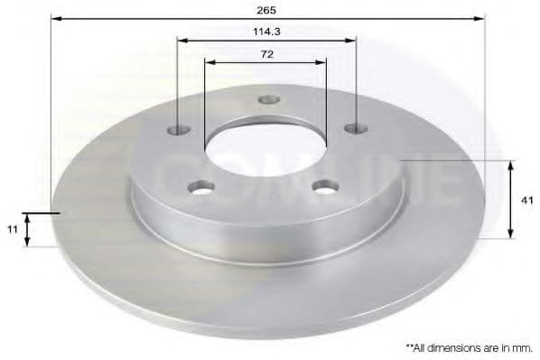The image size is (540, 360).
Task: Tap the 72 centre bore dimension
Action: [265, 54]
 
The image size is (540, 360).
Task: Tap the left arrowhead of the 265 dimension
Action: [54, 18]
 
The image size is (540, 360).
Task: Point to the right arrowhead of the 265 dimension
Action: [482, 18]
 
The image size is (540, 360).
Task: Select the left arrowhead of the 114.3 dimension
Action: [181, 40]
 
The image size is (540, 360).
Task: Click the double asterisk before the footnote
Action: [409, 346]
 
